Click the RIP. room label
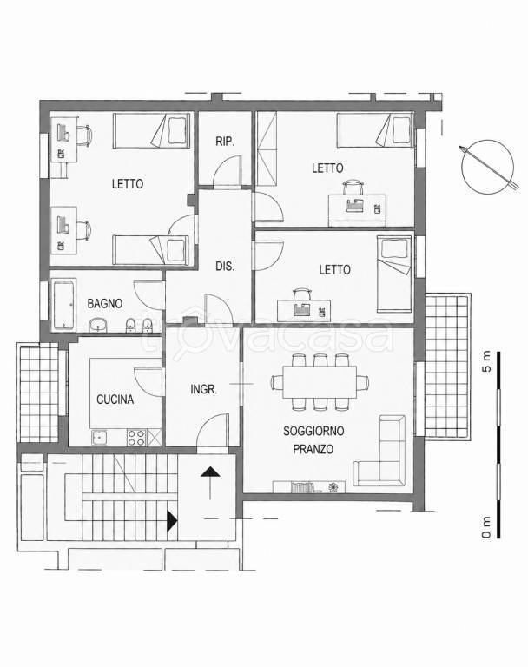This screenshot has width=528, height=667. tap(225, 142)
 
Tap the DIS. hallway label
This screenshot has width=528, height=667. tap(225, 267)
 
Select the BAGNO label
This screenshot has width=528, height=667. tap(105, 303)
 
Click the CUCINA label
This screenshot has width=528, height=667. tap(115, 399)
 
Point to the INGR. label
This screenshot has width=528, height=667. tap(204, 389)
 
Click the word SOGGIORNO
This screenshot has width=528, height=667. tap(313, 431)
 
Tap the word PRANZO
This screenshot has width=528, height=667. tap(313, 449)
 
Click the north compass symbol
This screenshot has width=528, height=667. tap(488, 167)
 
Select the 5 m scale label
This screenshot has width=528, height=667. tap(486, 361)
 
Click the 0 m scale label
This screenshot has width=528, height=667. tap(486, 527)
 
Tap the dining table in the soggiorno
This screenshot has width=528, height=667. tap(320, 382)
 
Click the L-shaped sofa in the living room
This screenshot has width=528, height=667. tap(379, 451)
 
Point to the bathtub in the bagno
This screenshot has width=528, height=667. tap(64, 304)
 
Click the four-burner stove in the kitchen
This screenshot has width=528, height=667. tap(136, 438)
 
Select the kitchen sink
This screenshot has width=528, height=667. tap(99, 438)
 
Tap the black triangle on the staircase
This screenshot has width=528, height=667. tap(171, 521)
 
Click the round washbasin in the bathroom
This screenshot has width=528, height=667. tap(99, 325)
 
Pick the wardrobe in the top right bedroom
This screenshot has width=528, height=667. tap(267, 149)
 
